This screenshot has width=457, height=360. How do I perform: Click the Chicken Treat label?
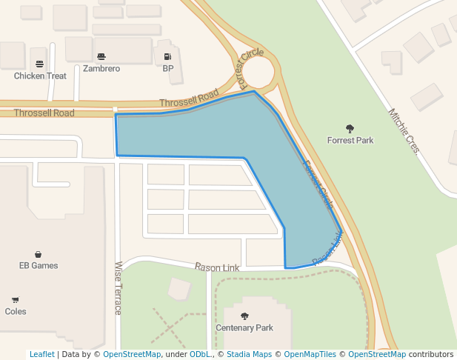pos(40,76)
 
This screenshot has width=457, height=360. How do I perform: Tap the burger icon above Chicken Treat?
pos(40,63)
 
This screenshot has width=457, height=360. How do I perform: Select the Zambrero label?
pos(101,69)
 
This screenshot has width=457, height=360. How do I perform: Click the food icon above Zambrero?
pos(101,56)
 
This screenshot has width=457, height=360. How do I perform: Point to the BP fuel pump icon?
pos(168,56)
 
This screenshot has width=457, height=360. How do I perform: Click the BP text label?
pos(168,69)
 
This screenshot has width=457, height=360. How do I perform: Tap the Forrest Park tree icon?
pos(350,128)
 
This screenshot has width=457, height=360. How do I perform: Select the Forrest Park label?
pos(350,140)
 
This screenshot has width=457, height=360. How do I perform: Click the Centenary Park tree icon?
pos(244,316)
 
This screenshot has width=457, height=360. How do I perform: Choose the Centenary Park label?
pos(244,327)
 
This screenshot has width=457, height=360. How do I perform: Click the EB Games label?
pos(39,265)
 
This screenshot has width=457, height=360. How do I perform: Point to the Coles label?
pos(16,311)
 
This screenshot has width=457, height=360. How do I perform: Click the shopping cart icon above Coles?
pos(16,300)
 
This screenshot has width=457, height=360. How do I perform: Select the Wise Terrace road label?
pos(118,287)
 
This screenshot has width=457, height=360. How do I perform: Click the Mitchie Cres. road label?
pos(404,131)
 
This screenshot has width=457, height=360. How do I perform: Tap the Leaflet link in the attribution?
pos(41,355)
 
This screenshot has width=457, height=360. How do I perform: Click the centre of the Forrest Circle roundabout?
pos(258,73)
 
